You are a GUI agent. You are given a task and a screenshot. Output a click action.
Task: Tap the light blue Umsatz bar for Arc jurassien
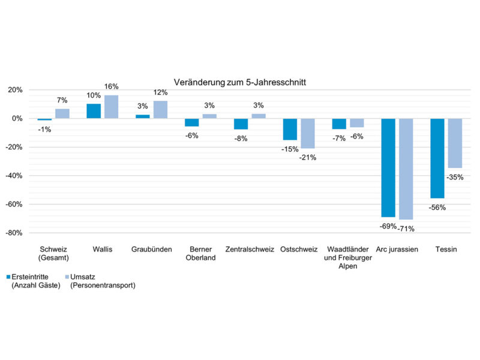pyautogui.click(x=406, y=169)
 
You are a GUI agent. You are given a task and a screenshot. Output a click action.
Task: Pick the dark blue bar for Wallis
pyautogui.click(x=94, y=111)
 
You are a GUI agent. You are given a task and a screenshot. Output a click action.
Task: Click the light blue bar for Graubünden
pyautogui.click(x=160, y=110)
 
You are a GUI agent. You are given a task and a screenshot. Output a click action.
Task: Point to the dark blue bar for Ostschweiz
pyautogui.click(x=290, y=129)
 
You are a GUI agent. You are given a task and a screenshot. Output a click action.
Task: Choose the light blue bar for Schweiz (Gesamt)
pyautogui.click(x=62, y=113)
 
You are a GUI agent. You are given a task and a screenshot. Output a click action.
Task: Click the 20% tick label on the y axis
pyautogui.click(x=14, y=90)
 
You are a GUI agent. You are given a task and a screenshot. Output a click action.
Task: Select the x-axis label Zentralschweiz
pyautogui.click(x=250, y=249)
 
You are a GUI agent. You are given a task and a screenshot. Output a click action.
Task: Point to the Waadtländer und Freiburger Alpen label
pyautogui.click(x=348, y=257)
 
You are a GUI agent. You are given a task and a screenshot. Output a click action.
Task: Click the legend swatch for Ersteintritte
pyautogui.click(x=8, y=277)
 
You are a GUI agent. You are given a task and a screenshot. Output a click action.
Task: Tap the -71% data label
pyautogui.click(x=406, y=227)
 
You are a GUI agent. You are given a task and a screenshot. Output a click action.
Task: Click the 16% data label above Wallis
pyautogui.click(x=111, y=86)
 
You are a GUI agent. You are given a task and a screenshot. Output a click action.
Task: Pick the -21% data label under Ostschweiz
pyautogui.click(x=308, y=157)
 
